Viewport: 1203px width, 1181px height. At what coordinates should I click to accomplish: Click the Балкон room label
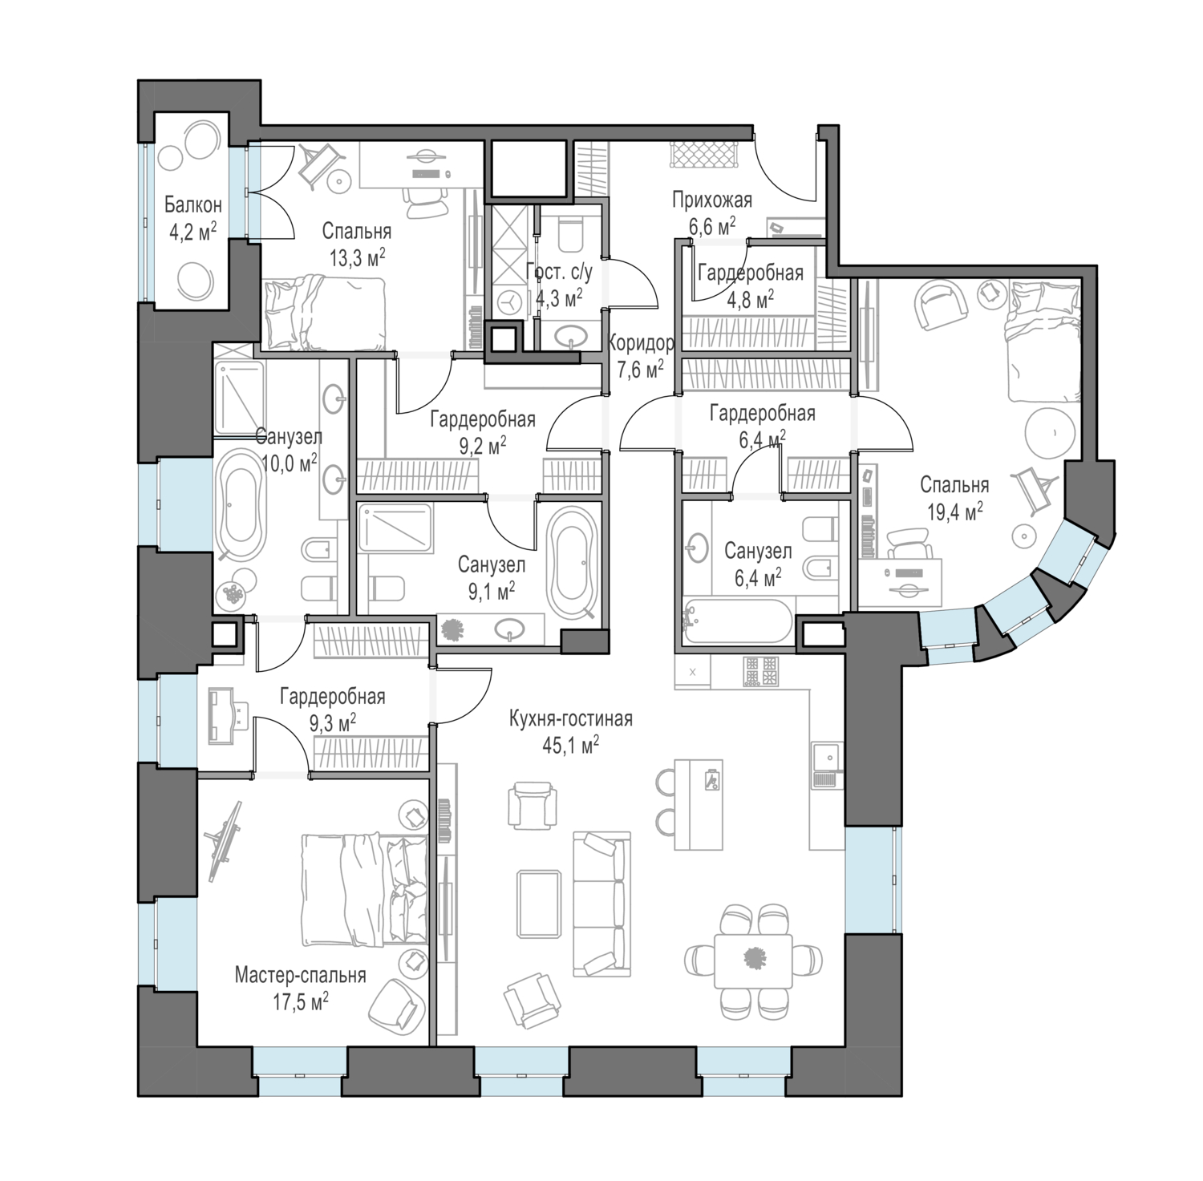point(193,205)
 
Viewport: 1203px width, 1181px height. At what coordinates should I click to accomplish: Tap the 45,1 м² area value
point(570,746)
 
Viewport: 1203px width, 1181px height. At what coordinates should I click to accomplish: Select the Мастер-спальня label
point(301,975)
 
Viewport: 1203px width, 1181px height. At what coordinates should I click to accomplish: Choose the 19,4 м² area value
point(955,512)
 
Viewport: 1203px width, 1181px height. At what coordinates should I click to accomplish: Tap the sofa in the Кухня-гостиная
point(601,904)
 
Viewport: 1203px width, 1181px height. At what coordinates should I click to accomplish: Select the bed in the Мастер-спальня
point(365,888)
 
